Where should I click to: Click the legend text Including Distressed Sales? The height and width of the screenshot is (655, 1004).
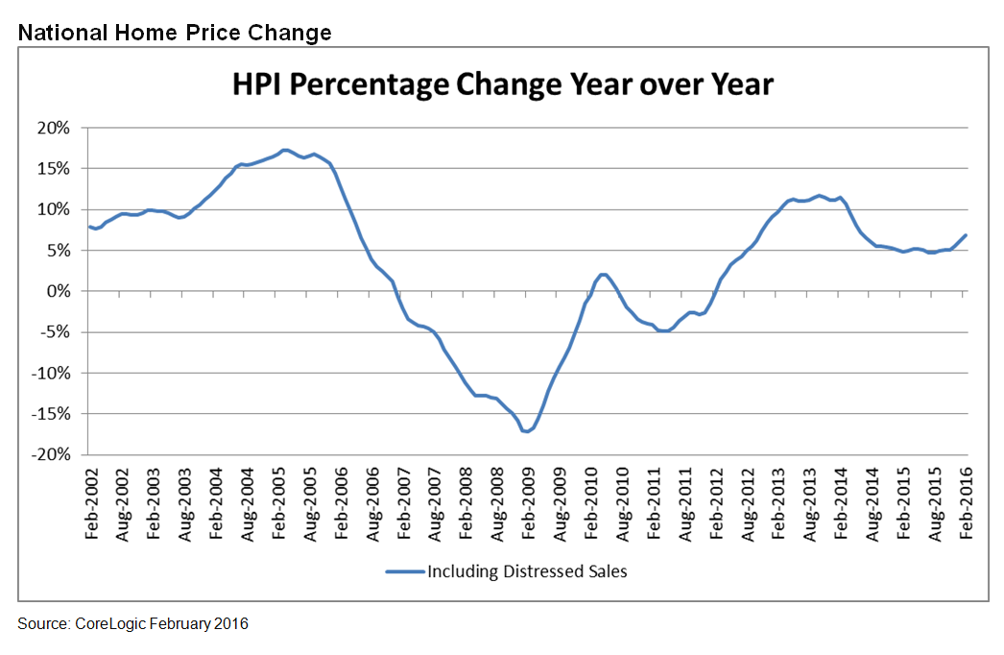(527, 571)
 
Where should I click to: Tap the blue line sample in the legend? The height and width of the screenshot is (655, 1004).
(403, 571)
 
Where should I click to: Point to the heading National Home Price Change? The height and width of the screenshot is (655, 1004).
(175, 33)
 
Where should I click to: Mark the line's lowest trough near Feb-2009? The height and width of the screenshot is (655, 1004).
(527, 431)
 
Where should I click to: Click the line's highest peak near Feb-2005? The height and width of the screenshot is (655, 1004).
(284, 150)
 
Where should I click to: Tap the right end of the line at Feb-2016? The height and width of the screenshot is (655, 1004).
(966, 235)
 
